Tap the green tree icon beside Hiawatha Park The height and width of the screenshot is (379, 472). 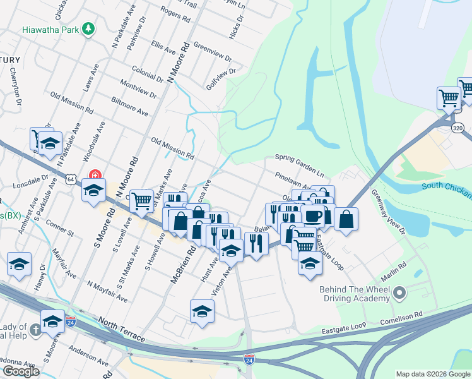tap(90, 28)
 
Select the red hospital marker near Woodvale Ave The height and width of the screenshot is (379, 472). tap(95, 174)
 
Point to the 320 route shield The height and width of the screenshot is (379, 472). tap(458, 128)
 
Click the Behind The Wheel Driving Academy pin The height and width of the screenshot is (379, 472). tap(399, 292)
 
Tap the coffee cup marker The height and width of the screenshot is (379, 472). tap(314, 217)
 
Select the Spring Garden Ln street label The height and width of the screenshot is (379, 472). tap(303, 157)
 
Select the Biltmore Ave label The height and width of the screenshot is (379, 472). tap(130, 107)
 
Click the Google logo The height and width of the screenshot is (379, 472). tap(20, 372)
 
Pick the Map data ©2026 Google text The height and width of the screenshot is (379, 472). tap(432, 374)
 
